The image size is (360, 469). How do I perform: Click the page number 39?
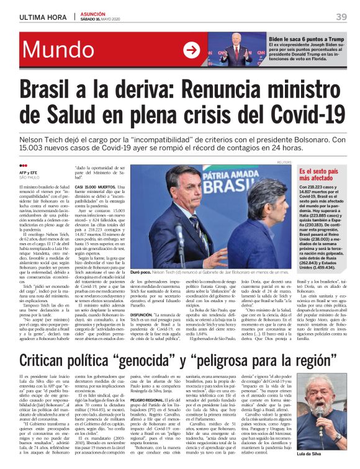click(341, 17)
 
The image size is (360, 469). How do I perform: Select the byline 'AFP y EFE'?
click(30, 173)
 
